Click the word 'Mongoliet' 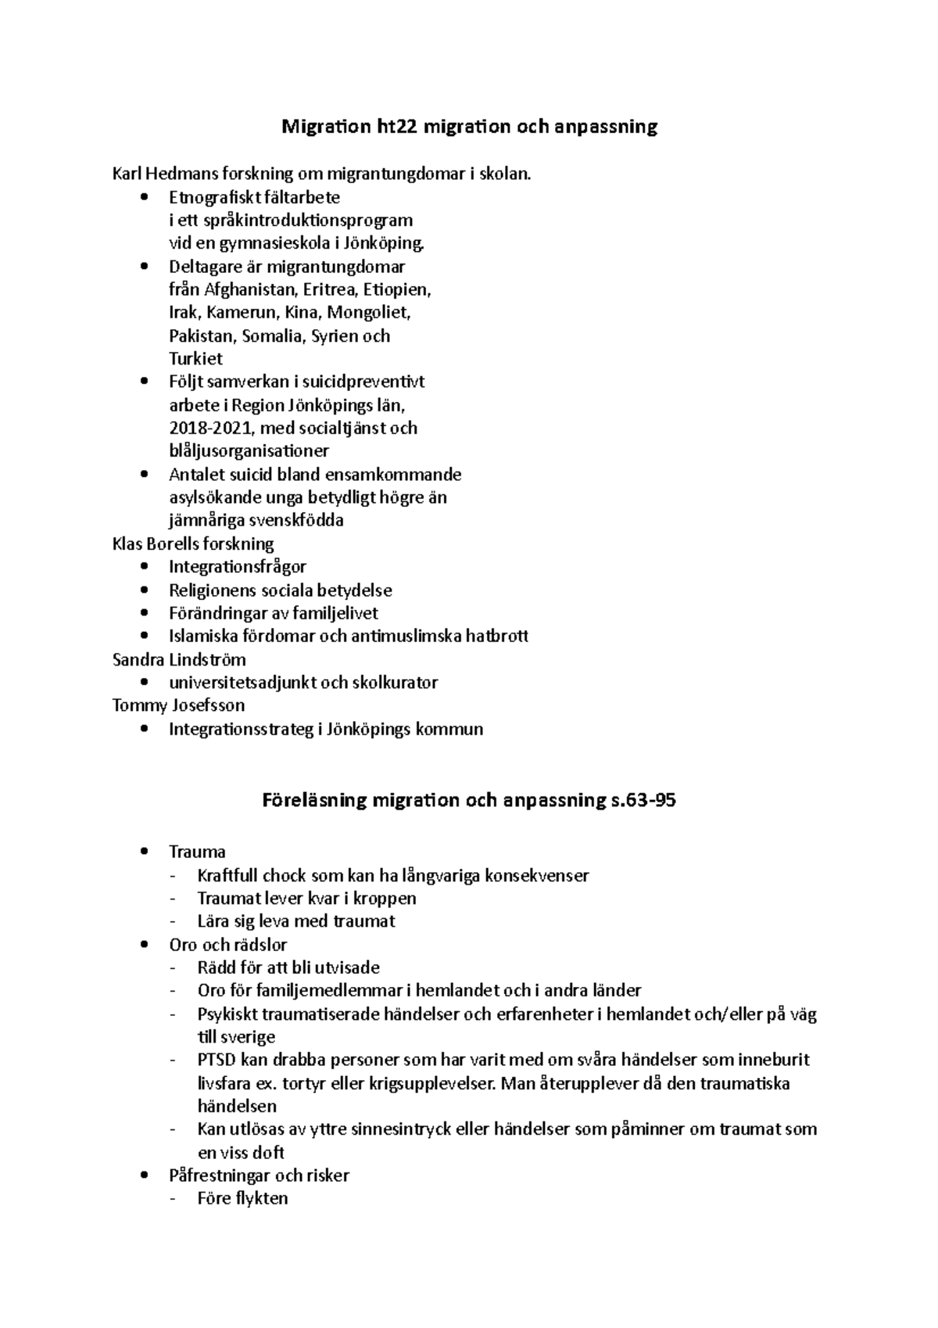(367, 313)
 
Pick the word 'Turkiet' (195, 359)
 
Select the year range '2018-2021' (211, 428)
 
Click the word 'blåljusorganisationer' (249, 451)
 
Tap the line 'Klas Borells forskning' (193, 544)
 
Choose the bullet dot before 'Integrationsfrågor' (142, 567)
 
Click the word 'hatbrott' (496, 636)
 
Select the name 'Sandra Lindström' (179, 659)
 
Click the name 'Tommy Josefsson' (178, 705)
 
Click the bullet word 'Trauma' (197, 852)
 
